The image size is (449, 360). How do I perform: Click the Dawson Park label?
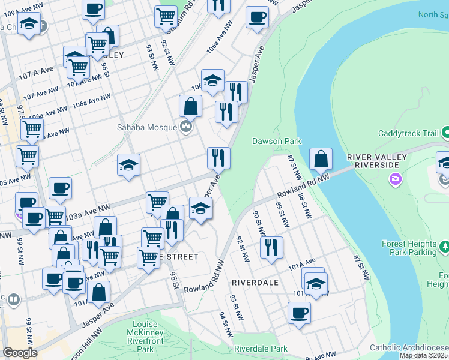coord(276,141)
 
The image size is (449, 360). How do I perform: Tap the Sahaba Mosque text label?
coord(146,127)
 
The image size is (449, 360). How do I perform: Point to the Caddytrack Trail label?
coord(407,133)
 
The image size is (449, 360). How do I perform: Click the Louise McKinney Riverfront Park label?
coord(145,337)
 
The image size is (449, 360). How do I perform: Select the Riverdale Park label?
coord(261,349)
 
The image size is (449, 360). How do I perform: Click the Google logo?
coord(20,353)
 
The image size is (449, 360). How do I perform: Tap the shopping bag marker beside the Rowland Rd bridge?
coord(321,159)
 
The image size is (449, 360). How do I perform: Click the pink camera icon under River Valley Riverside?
coord(395,178)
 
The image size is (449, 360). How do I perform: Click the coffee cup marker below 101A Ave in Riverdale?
coord(299,312)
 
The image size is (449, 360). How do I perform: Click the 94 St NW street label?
coord(226,324)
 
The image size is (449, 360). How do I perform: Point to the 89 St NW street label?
coord(280,214)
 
